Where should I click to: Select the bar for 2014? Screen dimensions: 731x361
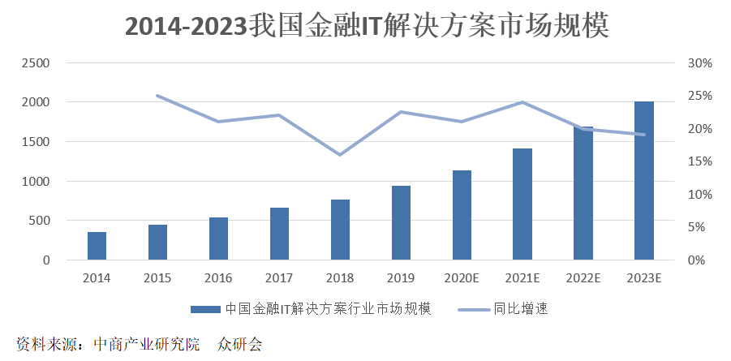[97, 246]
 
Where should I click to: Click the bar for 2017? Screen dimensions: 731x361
[279, 234]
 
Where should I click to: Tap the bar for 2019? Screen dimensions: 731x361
[401, 223]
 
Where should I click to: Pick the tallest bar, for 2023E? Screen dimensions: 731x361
[644, 180]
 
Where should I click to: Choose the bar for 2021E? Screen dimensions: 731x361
[522, 204]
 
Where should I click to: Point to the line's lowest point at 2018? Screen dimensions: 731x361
[340, 154]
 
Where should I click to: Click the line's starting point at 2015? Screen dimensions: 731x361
[157, 96]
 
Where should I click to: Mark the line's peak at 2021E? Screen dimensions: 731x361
[522, 102]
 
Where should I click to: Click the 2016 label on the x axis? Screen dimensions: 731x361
[218, 278]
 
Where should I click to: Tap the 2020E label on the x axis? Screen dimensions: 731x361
[462, 278]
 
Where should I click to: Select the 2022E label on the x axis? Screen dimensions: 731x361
[583, 278]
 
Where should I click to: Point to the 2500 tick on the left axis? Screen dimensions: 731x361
[36, 63]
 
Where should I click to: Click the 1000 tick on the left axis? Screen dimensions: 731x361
[36, 181]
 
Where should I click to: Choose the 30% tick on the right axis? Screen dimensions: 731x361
[700, 63]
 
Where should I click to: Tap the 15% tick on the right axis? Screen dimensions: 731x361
[700, 161]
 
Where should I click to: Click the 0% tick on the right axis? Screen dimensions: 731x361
[698, 260]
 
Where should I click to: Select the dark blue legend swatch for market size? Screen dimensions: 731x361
[205, 309]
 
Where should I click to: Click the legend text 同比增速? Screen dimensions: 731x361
[521, 309]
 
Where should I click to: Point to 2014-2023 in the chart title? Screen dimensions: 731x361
[186, 27]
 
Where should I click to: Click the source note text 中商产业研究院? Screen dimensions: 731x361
[147, 344]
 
